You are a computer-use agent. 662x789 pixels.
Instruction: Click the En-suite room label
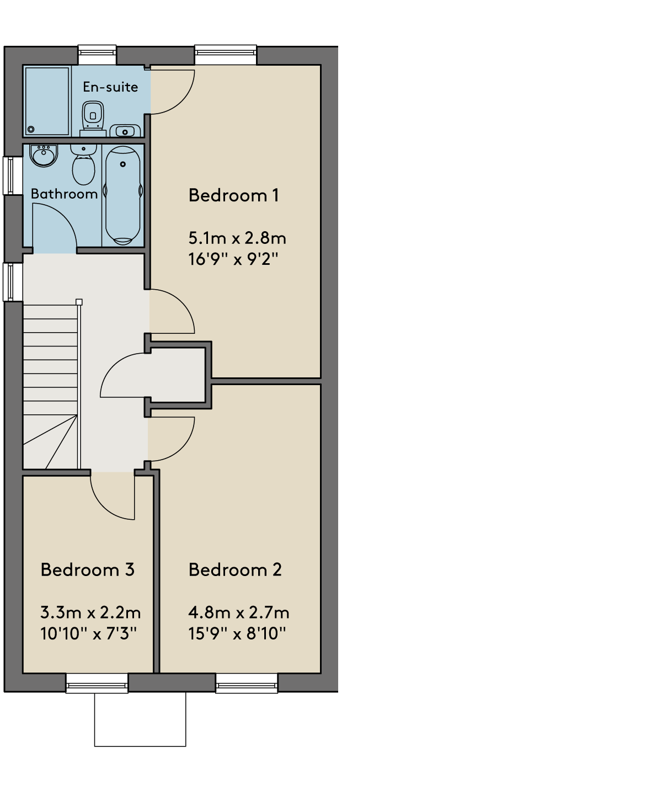110,87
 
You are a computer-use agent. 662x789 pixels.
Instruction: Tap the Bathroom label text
64,194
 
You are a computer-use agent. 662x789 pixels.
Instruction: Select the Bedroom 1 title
233,195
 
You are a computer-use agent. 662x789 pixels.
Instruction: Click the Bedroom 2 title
235,569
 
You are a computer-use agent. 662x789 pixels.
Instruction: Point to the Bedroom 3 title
87,569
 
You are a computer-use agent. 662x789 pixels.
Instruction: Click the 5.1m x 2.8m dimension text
237,238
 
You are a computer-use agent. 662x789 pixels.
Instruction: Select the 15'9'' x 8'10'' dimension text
237,633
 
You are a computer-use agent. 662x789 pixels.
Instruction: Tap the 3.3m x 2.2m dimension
90,612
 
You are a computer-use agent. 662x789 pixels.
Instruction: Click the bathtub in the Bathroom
123,195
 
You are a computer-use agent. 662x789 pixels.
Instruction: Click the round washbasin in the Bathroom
44,155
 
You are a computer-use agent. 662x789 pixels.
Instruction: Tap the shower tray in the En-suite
47,101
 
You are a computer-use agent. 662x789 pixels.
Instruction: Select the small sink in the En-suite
125,131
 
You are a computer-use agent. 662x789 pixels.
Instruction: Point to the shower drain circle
31,130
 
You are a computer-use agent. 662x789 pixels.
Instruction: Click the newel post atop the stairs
79,302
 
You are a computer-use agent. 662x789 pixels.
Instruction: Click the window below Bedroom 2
247,684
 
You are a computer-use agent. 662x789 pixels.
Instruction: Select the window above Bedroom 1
226,55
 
